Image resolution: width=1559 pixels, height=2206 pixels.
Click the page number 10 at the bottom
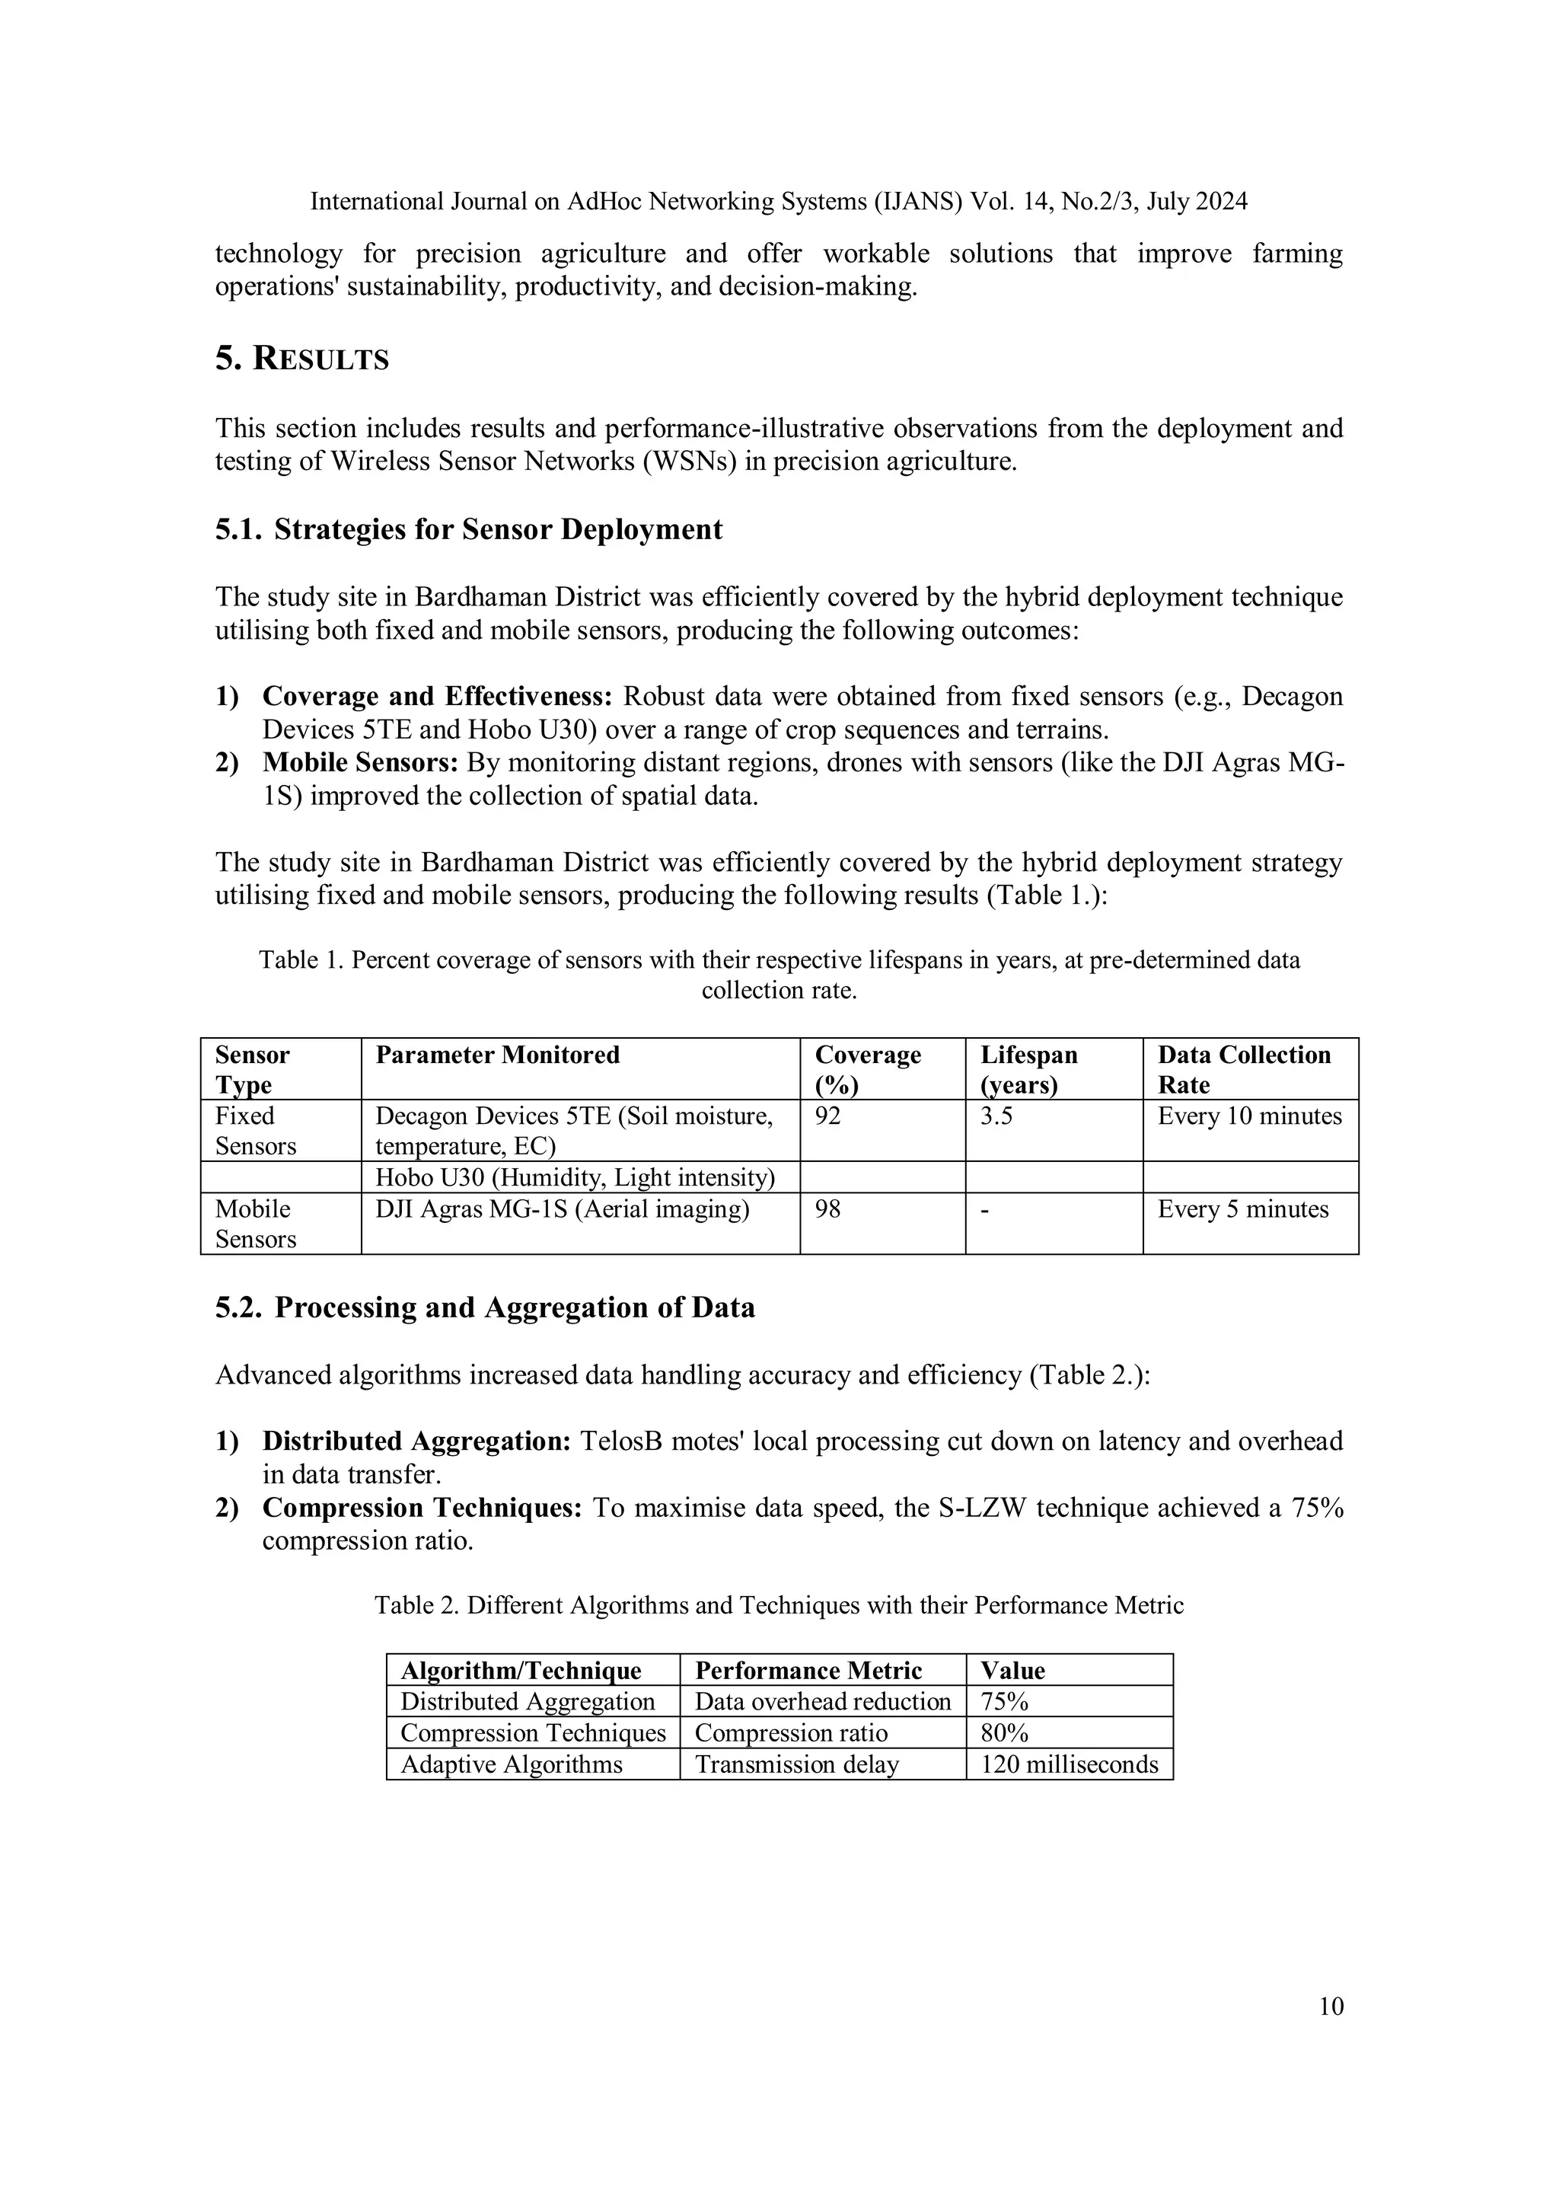click(x=1331, y=2006)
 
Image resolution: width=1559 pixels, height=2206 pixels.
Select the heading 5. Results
click(x=301, y=359)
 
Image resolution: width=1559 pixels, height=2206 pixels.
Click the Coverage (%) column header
click(x=867, y=1068)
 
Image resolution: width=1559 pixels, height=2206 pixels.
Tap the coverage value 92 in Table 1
click(x=828, y=1116)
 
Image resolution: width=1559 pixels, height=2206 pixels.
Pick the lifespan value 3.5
click(x=996, y=1116)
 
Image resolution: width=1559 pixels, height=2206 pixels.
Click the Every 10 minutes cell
click(x=1248, y=1116)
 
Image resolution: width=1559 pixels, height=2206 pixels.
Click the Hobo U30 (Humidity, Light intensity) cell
click(x=575, y=1177)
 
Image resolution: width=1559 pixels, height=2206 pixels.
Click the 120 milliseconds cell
click(x=1069, y=1764)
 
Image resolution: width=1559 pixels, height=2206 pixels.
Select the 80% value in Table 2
click(x=1004, y=1732)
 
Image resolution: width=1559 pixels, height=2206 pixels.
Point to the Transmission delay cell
click(x=796, y=1764)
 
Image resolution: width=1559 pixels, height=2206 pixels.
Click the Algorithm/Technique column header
click(x=521, y=1670)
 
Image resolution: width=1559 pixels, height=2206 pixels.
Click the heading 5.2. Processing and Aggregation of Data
click(x=484, y=1307)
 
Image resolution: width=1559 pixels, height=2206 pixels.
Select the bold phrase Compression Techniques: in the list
click(x=422, y=1508)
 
